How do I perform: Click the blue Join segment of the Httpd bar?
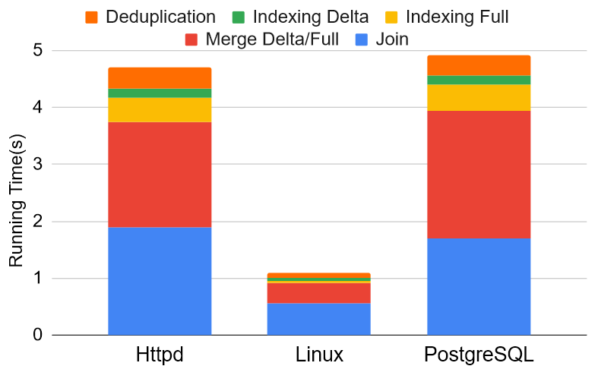(x=160, y=281)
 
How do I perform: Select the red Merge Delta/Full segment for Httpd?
(x=160, y=175)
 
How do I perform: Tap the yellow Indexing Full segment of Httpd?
(x=160, y=110)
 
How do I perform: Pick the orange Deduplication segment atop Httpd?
(x=160, y=77)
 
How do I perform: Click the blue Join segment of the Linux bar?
(x=318, y=319)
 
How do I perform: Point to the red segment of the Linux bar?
(x=318, y=293)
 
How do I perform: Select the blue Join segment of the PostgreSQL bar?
(x=479, y=286)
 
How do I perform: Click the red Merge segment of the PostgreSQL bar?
(x=479, y=175)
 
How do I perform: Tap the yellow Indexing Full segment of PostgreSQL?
(x=479, y=97)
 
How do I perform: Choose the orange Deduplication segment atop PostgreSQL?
(x=479, y=65)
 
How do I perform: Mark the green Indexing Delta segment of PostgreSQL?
(x=479, y=80)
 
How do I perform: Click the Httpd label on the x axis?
(x=160, y=355)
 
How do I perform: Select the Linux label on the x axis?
(x=318, y=355)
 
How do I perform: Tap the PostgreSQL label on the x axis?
(x=479, y=355)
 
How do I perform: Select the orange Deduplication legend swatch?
(x=92, y=16)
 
